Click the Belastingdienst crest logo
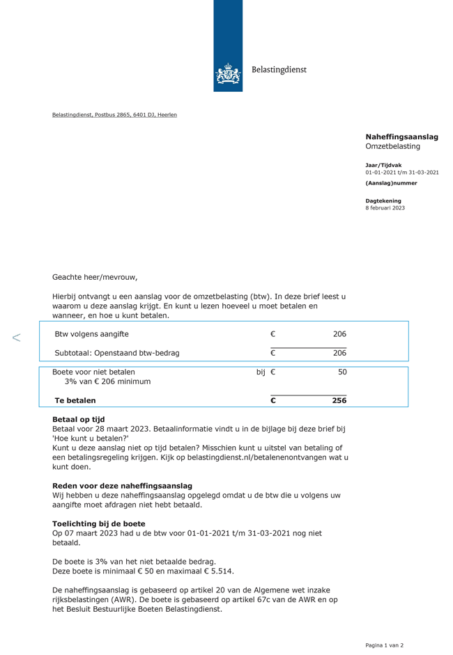pyautogui.click(x=228, y=72)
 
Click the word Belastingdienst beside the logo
pyautogui.click(x=279, y=70)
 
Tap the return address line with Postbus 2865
pyautogui.click(x=114, y=115)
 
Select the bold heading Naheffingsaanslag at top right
pyautogui.click(x=401, y=137)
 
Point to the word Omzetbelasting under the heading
pyautogui.click(x=392, y=147)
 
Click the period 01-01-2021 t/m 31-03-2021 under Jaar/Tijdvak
pyautogui.click(x=401, y=172)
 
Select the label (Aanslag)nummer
pyautogui.click(x=391, y=183)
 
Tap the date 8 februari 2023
pyautogui.click(x=385, y=208)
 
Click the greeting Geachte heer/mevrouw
pyautogui.click(x=95, y=277)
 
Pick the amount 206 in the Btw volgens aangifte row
pyautogui.click(x=339, y=334)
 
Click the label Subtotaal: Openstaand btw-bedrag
pyautogui.click(x=117, y=353)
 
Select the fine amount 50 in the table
pyautogui.click(x=342, y=372)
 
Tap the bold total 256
pyautogui.click(x=339, y=400)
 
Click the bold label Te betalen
pyautogui.click(x=75, y=400)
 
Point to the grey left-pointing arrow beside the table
pyautogui.click(x=16, y=338)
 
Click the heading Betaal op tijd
pyautogui.click(x=78, y=420)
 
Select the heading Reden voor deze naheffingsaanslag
pyautogui.click(x=122, y=486)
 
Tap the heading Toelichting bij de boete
pyautogui.click(x=99, y=523)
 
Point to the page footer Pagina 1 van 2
pyautogui.click(x=384, y=645)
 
